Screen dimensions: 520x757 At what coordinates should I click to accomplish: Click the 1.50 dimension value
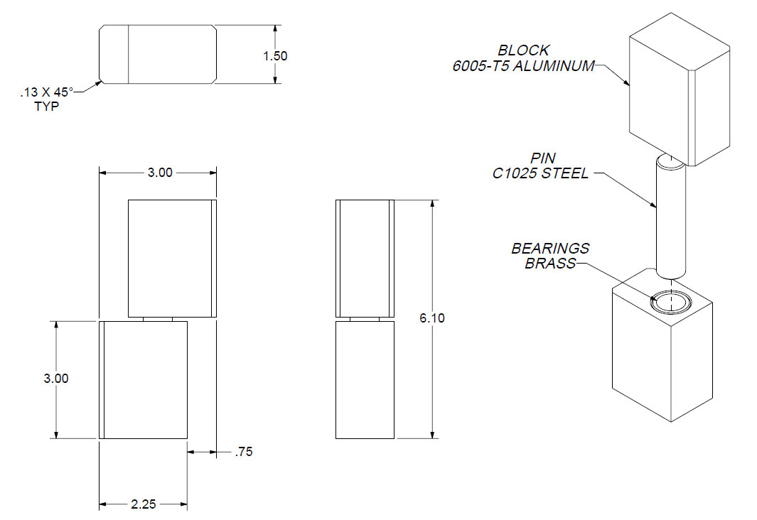click(275, 55)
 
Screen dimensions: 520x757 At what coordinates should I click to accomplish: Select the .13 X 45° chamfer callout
click(47, 92)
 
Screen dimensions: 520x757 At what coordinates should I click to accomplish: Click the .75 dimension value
click(243, 452)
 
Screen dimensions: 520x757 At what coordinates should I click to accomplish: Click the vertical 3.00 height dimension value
click(56, 379)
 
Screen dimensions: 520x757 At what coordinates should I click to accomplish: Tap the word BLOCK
click(523, 50)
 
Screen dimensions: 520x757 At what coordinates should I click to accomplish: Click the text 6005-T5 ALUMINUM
click(523, 66)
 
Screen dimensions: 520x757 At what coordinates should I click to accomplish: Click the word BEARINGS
click(550, 249)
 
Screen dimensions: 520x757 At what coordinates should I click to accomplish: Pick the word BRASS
click(550, 264)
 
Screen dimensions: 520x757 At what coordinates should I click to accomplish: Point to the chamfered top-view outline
click(158, 54)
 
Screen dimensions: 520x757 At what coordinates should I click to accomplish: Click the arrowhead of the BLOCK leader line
click(628, 85)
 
